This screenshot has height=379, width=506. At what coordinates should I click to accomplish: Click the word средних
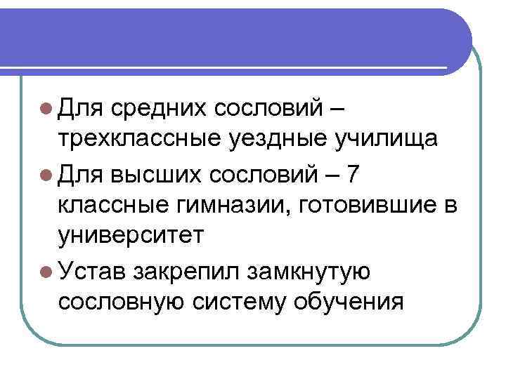(159, 108)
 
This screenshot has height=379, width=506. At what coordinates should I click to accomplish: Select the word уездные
(268, 138)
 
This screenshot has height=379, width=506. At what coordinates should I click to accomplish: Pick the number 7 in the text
(351, 171)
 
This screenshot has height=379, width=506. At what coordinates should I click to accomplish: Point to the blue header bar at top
(232, 35)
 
